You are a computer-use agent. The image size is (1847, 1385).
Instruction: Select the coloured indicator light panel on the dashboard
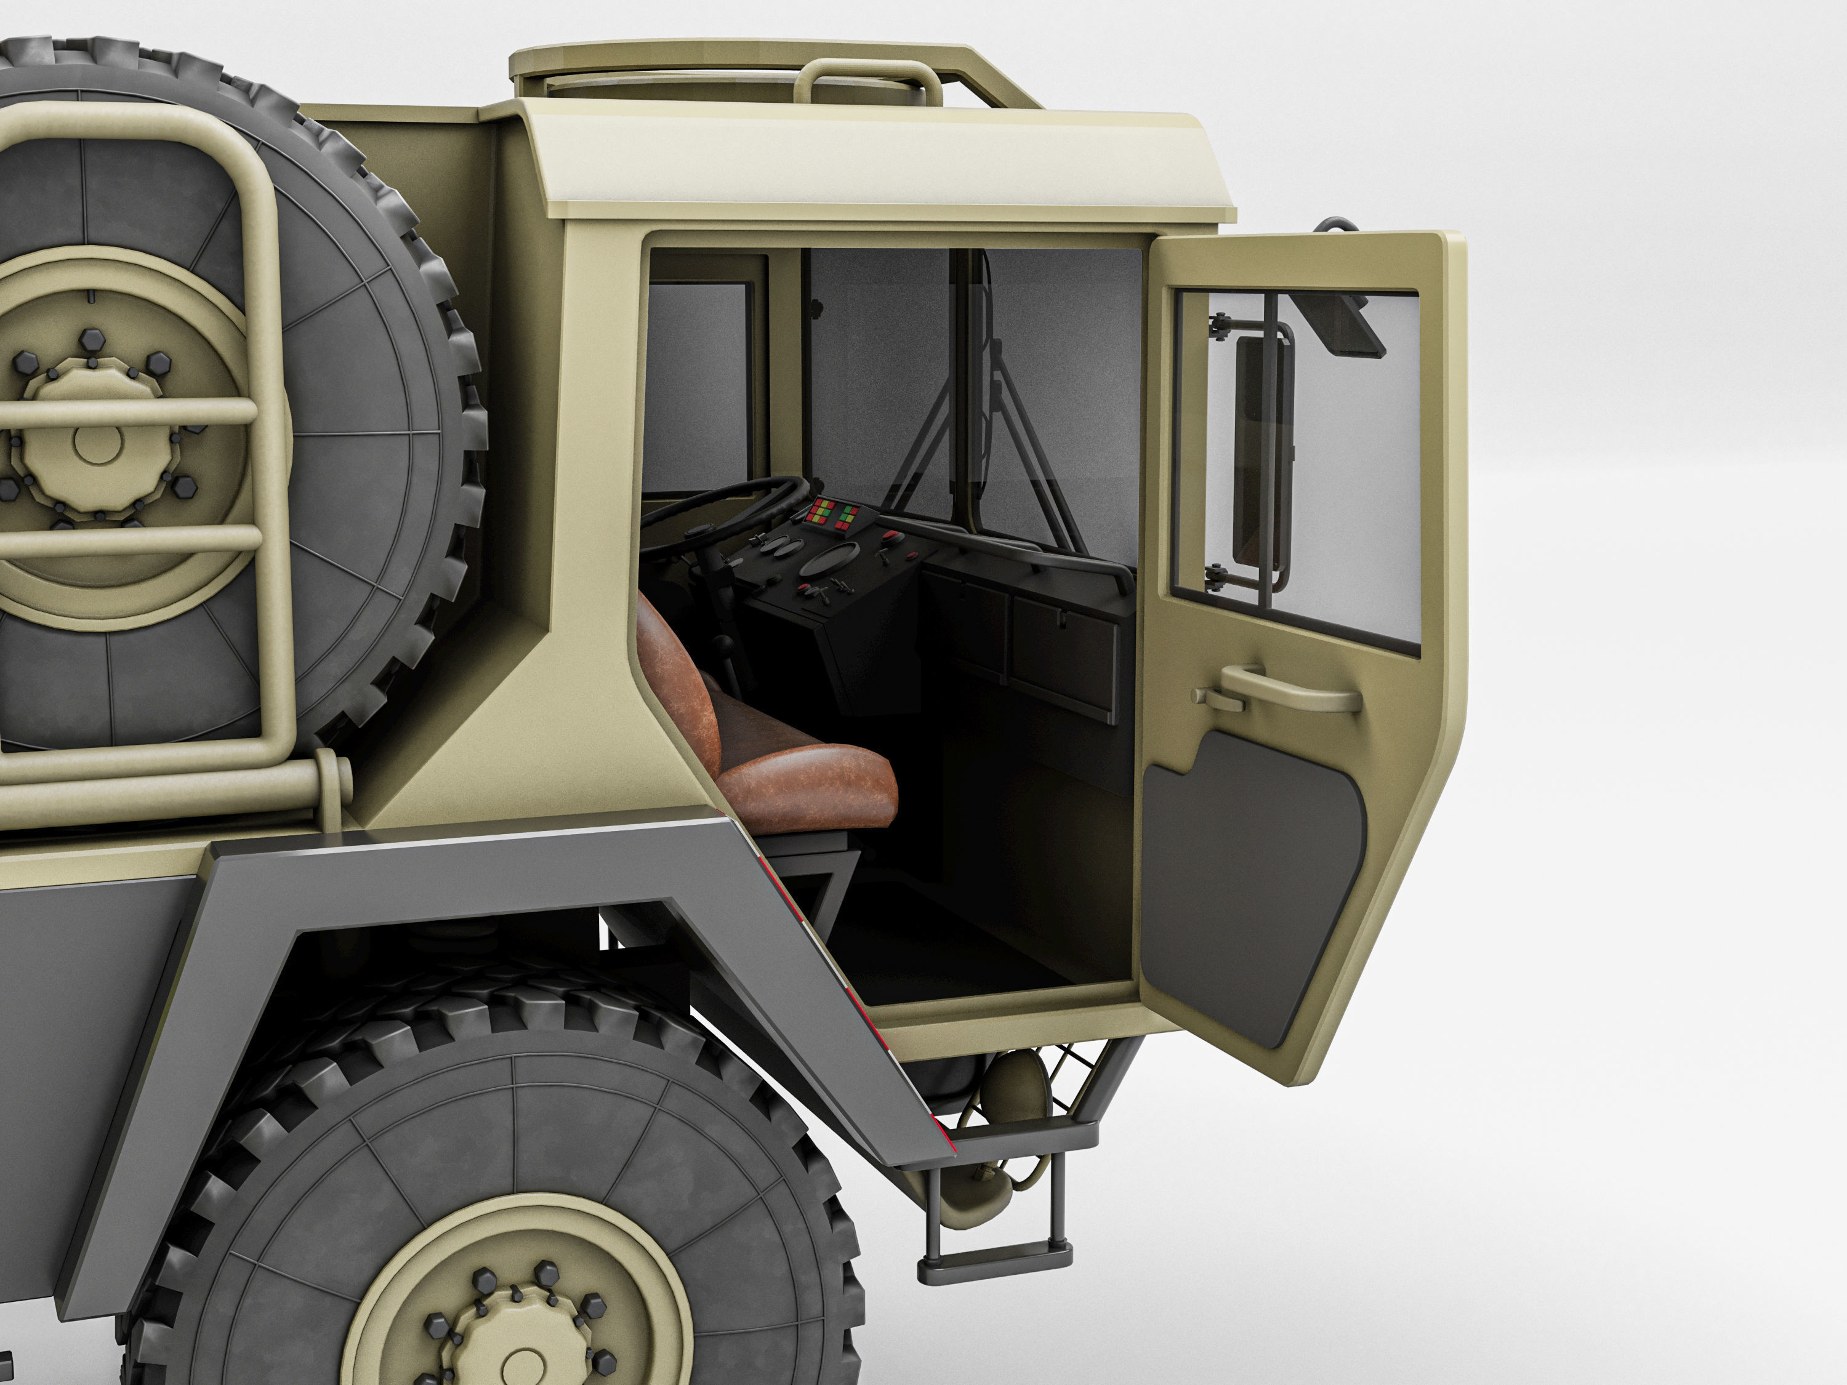(x=835, y=515)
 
